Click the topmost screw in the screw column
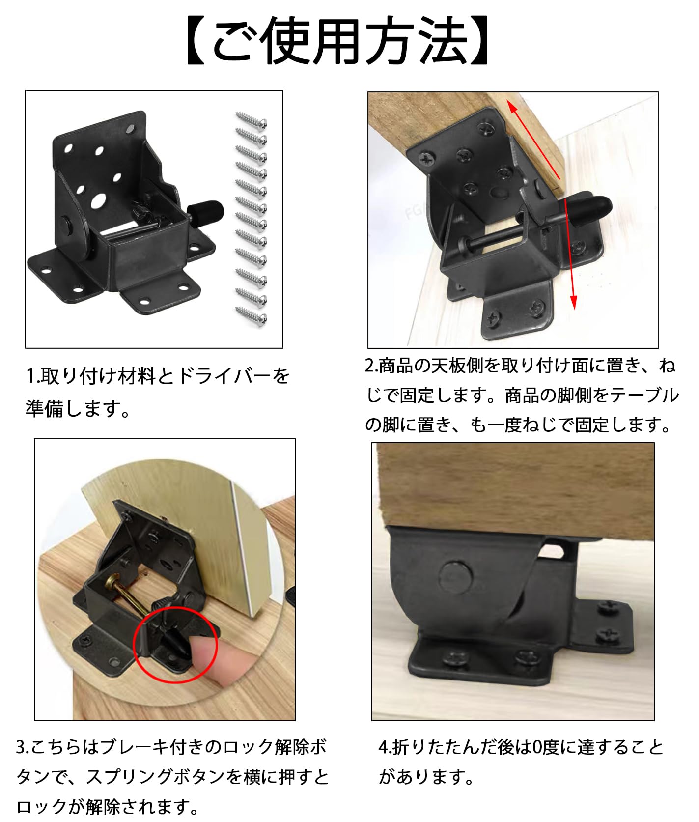[x=251, y=119]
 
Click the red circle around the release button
[x=175, y=644]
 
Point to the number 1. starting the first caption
[x=32, y=377]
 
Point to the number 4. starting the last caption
[x=386, y=747]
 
